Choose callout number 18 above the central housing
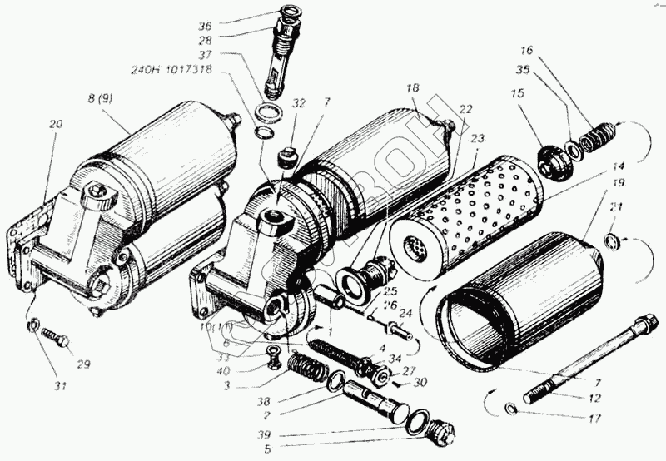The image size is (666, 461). click(412, 88)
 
